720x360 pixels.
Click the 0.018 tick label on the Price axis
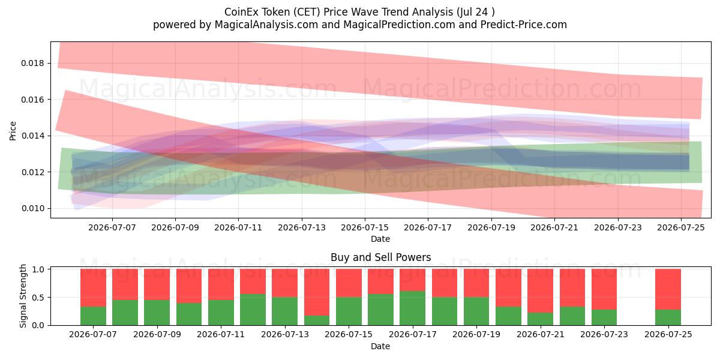[x=32, y=64]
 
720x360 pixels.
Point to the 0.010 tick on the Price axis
[x=32, y=209]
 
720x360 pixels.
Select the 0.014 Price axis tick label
[x=32, y=136]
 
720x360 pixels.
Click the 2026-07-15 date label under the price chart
[x=365, y=227]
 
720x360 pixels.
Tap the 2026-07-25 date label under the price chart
[x=681, y=227]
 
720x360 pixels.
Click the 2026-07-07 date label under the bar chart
[x=93, y=334]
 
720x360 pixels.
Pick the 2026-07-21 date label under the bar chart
[x=541, y=334]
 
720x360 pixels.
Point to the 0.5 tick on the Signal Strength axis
[x=38, y=298]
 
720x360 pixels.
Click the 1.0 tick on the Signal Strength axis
[x=38, y=269]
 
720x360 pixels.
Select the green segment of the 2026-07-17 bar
[x=412, y=308]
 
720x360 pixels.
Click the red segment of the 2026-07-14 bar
[x=317, y=292]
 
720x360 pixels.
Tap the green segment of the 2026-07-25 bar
[x=668, y=317]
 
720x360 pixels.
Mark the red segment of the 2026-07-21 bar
[x=541, y=291]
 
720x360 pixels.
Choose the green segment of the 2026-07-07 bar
[x=93, y=316]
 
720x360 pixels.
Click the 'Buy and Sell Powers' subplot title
[x=380, y=257]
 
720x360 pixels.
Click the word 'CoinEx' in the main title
[x=240, y=12]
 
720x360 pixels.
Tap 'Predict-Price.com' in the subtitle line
[x=524, y=25]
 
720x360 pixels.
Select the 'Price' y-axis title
[x=13, y=131]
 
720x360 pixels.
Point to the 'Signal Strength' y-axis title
[x=23, y=296]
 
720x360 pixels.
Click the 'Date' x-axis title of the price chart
[x=380, y=239]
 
